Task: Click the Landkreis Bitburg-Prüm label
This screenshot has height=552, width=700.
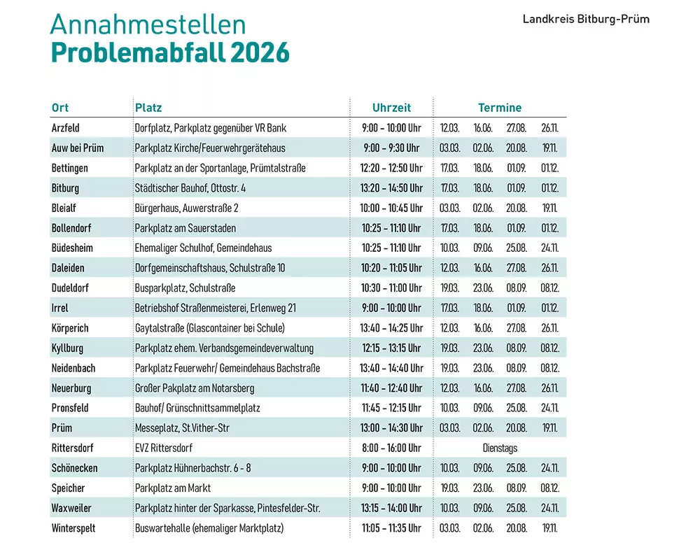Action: click(586, 19)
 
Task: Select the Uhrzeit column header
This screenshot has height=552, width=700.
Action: click(391, 108)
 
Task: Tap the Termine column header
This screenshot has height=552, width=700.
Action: click(500, 108)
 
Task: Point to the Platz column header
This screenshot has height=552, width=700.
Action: click(148, 108)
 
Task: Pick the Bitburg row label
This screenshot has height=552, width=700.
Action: click(65, 188)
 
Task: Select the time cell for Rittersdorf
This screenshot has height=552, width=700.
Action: click(391, 448)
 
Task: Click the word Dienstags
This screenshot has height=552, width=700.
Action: click(500, 448)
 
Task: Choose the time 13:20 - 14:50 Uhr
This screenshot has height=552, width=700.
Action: click(391, 188)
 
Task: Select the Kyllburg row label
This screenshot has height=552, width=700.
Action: click(67, 348)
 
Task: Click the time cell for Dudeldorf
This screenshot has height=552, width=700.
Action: click(391, 288)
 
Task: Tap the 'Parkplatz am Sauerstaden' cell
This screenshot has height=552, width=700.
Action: click(185, 228)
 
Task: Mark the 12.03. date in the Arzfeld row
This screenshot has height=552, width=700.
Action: click(449, 128)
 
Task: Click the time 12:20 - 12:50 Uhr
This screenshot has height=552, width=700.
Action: click(391, 168)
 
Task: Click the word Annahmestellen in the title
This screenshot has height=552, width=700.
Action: click(148, 24)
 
